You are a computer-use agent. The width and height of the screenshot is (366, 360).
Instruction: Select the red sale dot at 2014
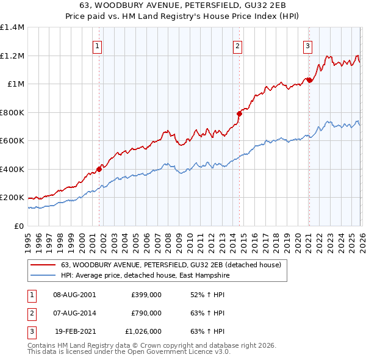[x=239, y=113]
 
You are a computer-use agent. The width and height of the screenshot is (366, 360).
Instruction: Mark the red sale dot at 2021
[x=309, y=80]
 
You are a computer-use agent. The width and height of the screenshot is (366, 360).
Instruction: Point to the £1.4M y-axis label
[x=12, y=27]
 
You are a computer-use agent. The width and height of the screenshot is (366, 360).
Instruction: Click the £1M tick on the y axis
[x=16, y=84]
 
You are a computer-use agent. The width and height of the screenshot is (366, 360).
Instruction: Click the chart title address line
[x=182, y=5]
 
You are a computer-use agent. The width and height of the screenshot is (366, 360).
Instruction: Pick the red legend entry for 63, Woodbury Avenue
[x=171, y=265]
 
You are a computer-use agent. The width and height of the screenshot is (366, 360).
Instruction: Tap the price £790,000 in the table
[x=146, y=313]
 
